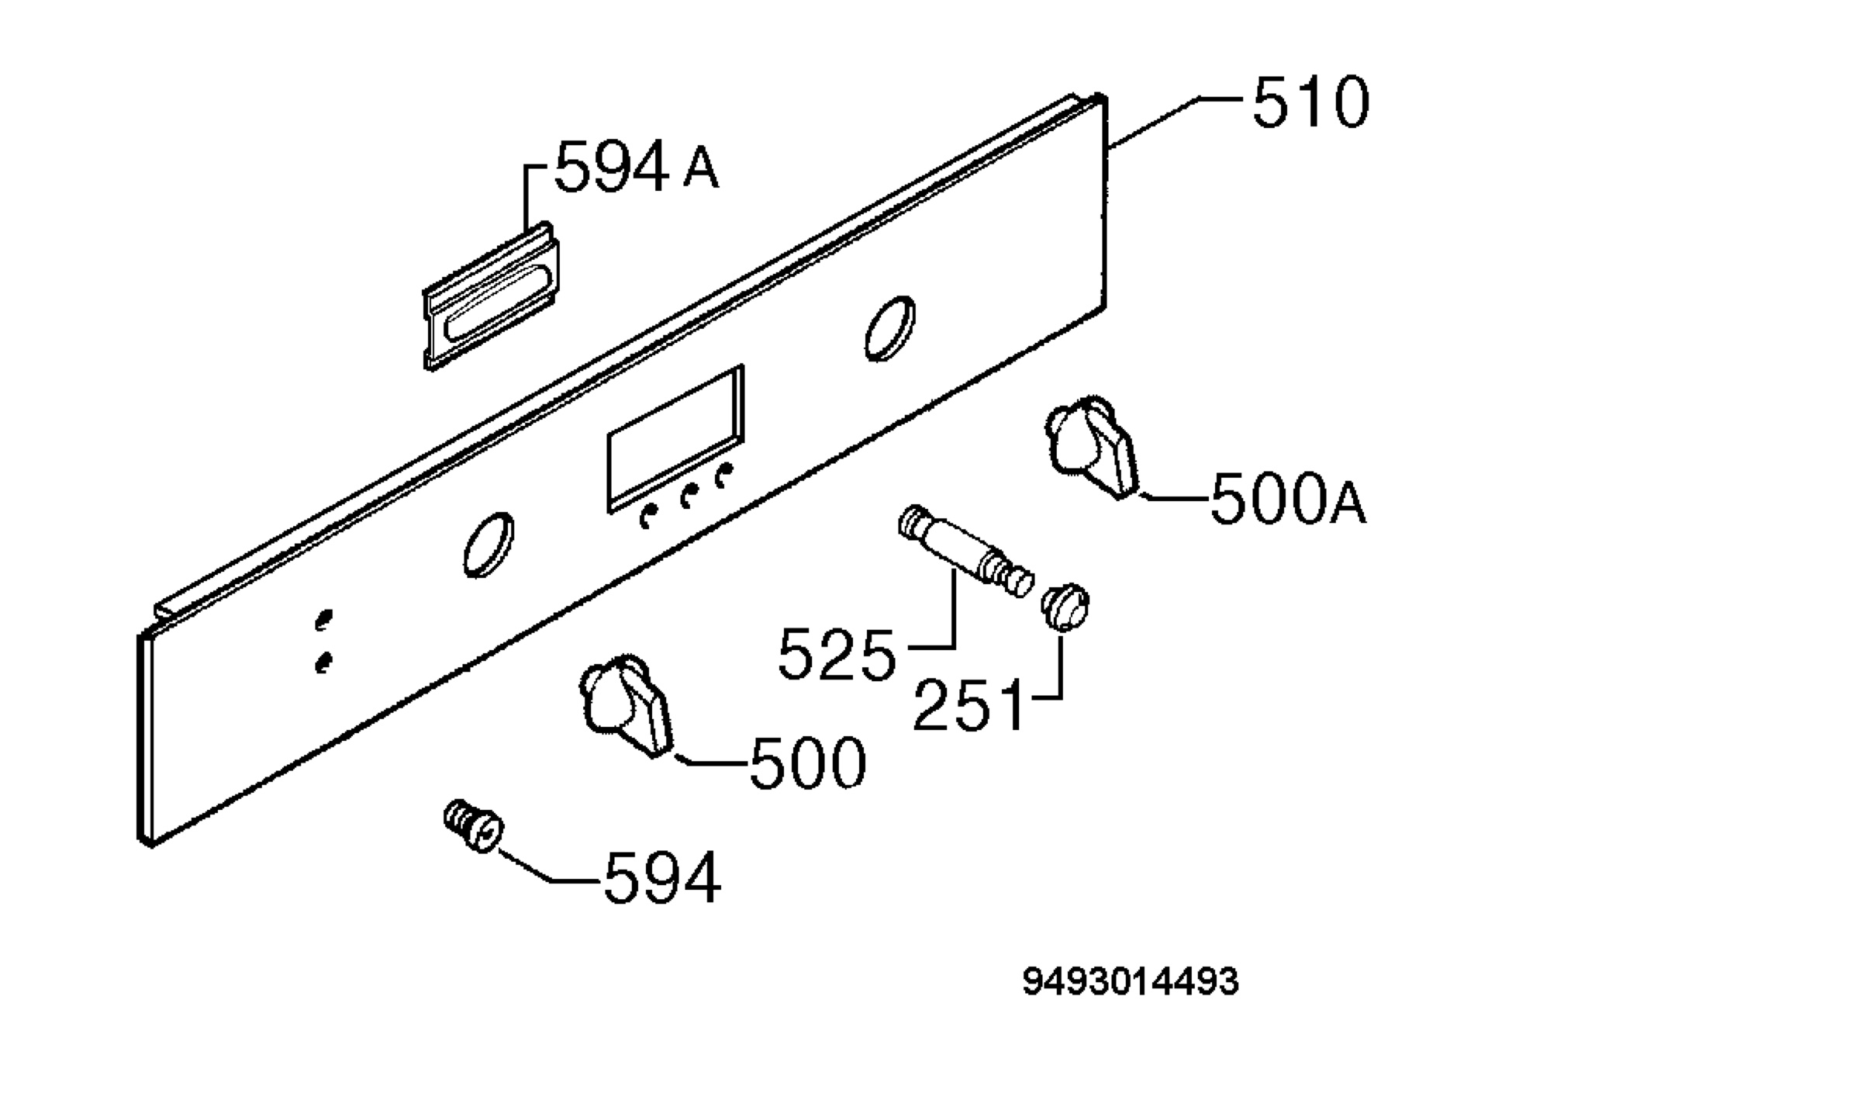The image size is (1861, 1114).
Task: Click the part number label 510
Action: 1310,102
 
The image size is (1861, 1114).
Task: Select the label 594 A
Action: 637,166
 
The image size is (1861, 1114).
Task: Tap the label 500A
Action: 1288,500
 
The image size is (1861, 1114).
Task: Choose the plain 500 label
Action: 807,763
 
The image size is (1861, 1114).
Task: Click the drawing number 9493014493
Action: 1131,982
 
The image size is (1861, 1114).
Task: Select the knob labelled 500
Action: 626,705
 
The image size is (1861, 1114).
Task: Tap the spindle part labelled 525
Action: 965,550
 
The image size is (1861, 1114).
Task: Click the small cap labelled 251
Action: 1065,607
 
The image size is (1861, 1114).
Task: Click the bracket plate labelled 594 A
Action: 492,296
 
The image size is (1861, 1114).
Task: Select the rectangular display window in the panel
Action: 675,439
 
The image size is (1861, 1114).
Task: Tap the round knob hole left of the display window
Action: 488,545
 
